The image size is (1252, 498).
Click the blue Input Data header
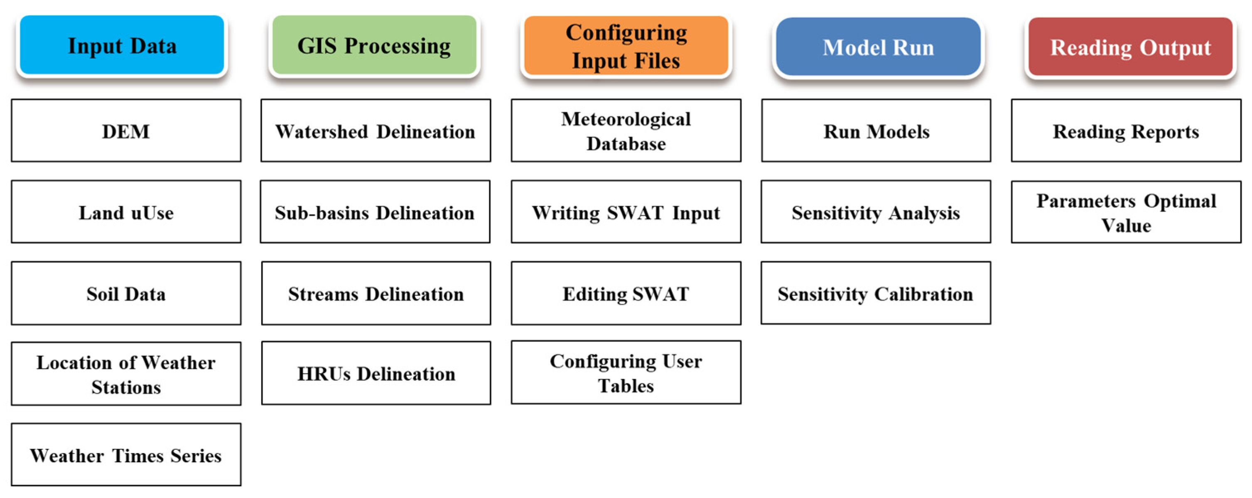pyautogui.click(x=122, y=45)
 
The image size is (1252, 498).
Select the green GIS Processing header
pyautogui.click(x=374, y=45)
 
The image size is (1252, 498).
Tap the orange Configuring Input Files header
pyautogui.click(x=626, y=46)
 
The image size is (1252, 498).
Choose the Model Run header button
pyautogui.click(x=878, y=47)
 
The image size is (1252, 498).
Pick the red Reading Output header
pyautogui.click(x=1130, y=47)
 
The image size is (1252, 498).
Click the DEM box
pyautogui.click(x=126, y=131)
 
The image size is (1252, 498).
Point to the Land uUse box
pyautogui.click(x=126, y=212)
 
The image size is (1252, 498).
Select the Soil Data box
pyautogui.click(x=126, y=293)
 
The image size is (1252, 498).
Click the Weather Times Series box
pyautogui.click(x=126, y=455)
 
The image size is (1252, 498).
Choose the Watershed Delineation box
pyautogui.click(x=375, y=131)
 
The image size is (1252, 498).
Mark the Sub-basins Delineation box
pyautogui.click(x=375, y=212)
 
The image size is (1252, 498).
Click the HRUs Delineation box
pyautogui.click(x=376, y=373)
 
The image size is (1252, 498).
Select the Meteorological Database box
pyautogui.click(x=626, y=131)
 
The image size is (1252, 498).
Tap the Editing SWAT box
pyautogui.click(x=626, y=293)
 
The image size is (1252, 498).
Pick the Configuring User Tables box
pyautogui.click(x=626, y=372)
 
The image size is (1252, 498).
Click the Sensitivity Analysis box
pyautogui.click(x=876, y=212)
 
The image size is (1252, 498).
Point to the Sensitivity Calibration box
pyautogui.click(x=876, y=293)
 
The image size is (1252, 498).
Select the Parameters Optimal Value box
pyautogui.click(x=1126, y=212)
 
